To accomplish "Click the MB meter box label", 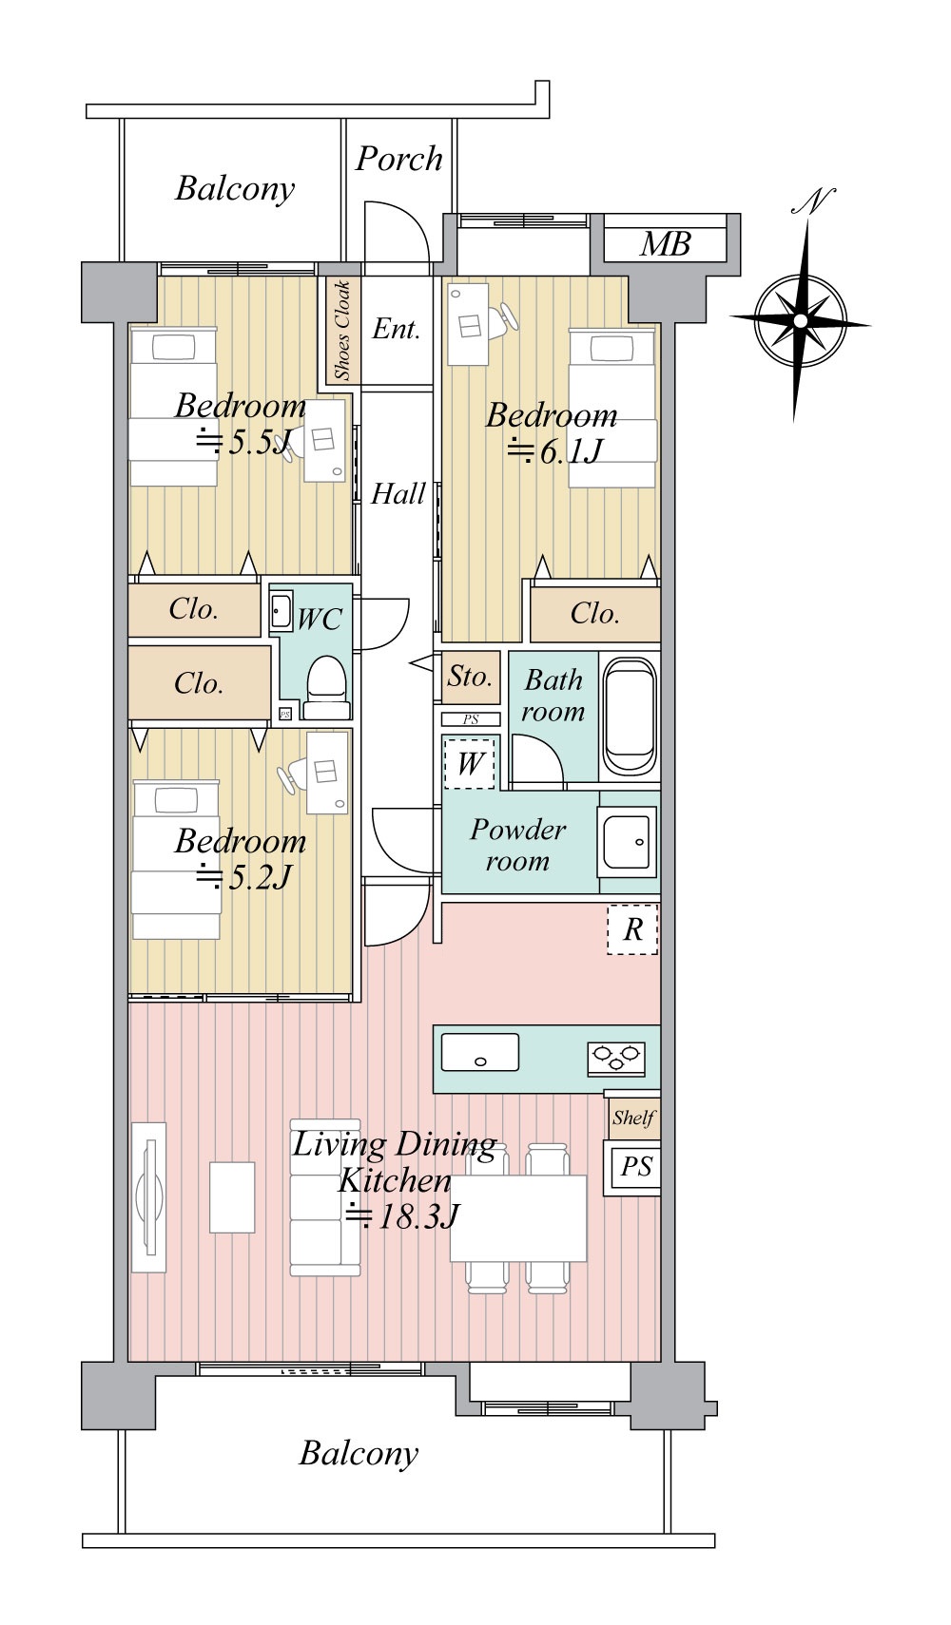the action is click(665, 244).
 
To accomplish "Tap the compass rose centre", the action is click(800, 319).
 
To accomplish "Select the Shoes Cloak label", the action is click(342, 330).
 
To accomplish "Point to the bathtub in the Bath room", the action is click(631, 716).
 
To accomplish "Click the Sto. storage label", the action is click(470, 676).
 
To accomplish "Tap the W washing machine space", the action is click(469, 762).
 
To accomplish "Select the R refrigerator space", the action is click(632, 928).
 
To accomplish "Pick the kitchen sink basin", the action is click(480, 1052).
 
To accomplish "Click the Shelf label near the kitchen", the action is click(633, 1118).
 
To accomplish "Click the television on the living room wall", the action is click(149, 1197).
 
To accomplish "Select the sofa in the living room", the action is click(325, 1197).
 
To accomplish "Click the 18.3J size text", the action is click(402, 1215).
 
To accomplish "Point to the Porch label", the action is click(398, 159).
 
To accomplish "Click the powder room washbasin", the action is click(627, 842).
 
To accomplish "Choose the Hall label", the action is click(398, 494).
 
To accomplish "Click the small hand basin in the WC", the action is click(281, 611).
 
